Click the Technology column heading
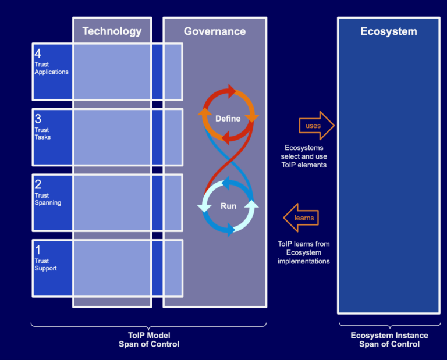[112, 31]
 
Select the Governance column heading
[215, 31]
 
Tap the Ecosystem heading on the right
[388, 31]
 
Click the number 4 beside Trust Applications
[38, 53]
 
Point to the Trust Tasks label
[42, 134]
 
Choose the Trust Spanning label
[47, 199]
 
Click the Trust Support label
[45, 265]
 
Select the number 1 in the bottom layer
[38, 249]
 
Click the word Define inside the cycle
[228, 119]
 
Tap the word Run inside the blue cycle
[228, 206]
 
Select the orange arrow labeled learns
[301, 218]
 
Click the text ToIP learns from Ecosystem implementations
[304, 252]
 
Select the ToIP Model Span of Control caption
[148, 340]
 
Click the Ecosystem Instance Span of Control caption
[389, 340]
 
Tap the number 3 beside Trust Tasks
[38, 119]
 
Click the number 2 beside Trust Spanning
[38, 184]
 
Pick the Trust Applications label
[51, 68]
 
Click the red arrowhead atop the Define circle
[232, 91]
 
